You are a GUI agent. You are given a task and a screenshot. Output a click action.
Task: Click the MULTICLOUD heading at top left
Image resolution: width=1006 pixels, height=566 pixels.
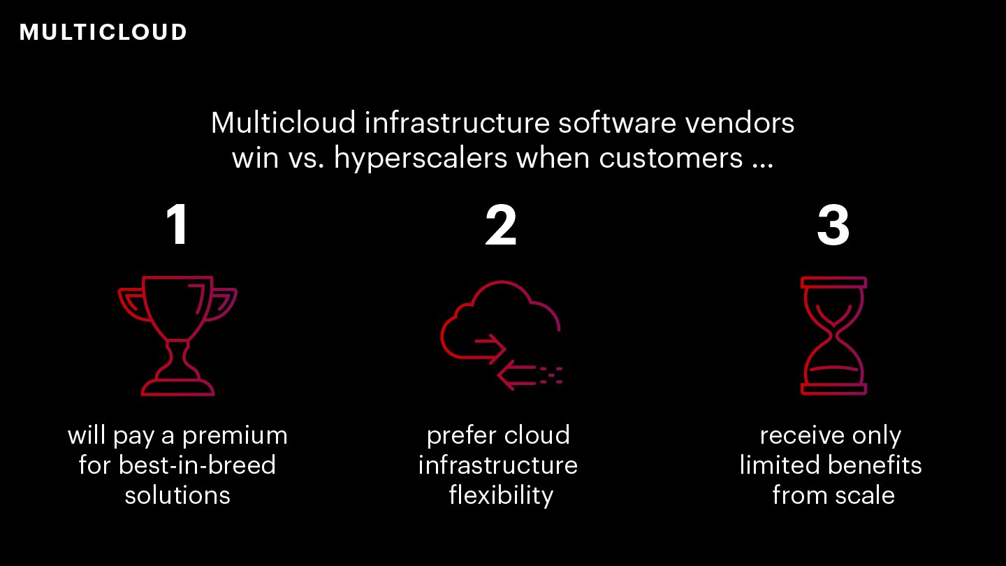(x=103, y=32)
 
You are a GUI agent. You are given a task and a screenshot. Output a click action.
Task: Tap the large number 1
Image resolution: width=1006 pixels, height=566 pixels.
(x=177, y=226)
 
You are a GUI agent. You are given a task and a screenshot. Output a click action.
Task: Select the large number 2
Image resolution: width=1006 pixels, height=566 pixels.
(x=501, y=226)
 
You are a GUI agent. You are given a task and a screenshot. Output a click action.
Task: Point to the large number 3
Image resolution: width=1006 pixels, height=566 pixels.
(x=833, y=226)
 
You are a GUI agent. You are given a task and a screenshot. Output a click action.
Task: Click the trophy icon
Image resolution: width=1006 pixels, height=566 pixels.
(x=177, y=335)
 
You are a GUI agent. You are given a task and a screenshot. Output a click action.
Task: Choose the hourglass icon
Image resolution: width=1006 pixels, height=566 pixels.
(x=833, y=335)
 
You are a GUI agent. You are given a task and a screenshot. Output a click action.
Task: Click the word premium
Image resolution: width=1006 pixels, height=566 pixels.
(x=235, y=436)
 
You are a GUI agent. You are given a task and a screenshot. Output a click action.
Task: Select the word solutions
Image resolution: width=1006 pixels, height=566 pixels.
(x=177, y=495)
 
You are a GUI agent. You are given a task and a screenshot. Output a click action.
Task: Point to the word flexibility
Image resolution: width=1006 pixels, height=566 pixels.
(x=501, y=495)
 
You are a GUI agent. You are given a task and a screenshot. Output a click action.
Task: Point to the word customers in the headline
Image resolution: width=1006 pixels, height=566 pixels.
(x=671, y=159)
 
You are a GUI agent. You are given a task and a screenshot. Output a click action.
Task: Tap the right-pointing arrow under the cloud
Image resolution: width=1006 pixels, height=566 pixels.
(x=489, y=343)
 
